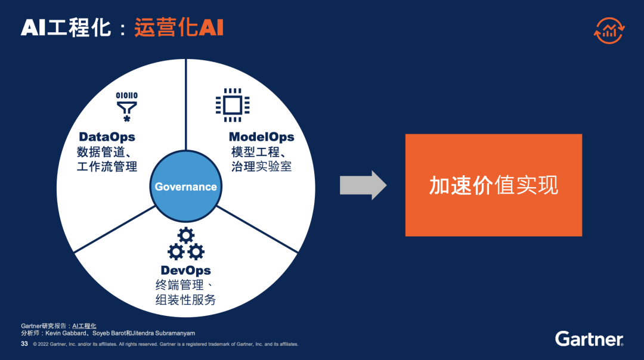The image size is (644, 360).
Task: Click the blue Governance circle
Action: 185,187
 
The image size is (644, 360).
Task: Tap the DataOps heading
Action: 107,137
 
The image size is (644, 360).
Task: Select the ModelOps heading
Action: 261,137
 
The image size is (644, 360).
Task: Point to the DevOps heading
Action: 185,271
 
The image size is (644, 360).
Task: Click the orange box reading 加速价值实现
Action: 493,185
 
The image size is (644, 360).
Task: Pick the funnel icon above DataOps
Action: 126,106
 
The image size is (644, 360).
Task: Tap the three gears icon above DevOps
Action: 185,244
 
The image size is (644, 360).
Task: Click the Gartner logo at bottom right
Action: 589,339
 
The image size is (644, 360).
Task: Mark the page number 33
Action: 24,344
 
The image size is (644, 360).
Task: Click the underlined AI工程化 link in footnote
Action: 84,326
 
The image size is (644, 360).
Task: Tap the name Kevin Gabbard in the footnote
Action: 64,333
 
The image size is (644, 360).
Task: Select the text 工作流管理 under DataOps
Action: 107,166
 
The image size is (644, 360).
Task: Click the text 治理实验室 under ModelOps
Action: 261,166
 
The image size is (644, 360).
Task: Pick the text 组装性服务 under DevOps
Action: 185,300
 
